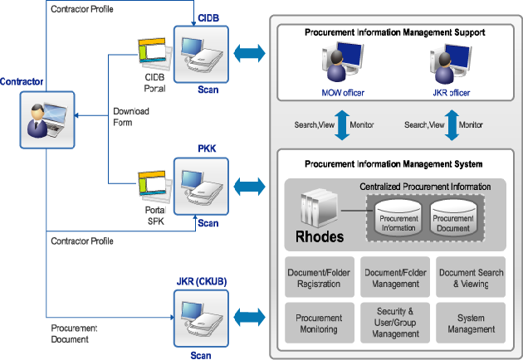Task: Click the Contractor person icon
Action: [x=44, y=117]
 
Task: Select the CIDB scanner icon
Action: [x=196, y=53]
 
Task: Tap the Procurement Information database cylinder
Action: [x=398, y=216]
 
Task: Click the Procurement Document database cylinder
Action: [x=454, y=216]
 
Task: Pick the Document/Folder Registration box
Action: [x=314, y=278]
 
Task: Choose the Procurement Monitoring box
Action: [x=314, y=324]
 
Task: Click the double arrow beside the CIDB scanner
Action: [x=249, y=54]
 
